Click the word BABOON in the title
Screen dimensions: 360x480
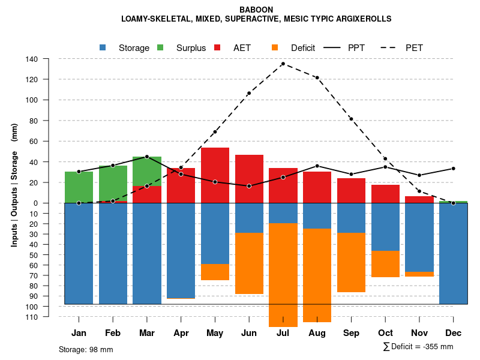(256, 10)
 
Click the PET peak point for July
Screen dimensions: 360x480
(283, 64)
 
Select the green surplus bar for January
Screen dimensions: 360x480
(79, 187)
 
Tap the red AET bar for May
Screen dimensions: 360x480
(215, 175)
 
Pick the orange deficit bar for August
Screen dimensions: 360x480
(317, 275)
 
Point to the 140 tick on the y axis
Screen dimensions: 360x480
(32, 59)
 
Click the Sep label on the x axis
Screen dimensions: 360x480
(351, 333)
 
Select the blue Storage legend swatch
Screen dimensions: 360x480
(103, 47)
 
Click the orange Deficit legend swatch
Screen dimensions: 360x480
(275, 47)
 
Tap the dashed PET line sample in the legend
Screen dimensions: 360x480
(392, 47)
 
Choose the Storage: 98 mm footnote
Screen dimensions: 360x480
(86, 349)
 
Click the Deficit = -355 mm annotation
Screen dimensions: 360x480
(418, 347)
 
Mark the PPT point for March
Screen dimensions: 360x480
(147, 157)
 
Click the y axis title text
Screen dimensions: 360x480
(14, 185)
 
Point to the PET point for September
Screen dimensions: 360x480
(351, 119)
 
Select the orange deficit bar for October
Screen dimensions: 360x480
(385, 264)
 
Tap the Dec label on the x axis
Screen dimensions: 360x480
(454, 333)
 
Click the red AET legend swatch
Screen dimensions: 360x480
(218, 47)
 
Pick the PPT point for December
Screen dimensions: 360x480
(454, 169)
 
